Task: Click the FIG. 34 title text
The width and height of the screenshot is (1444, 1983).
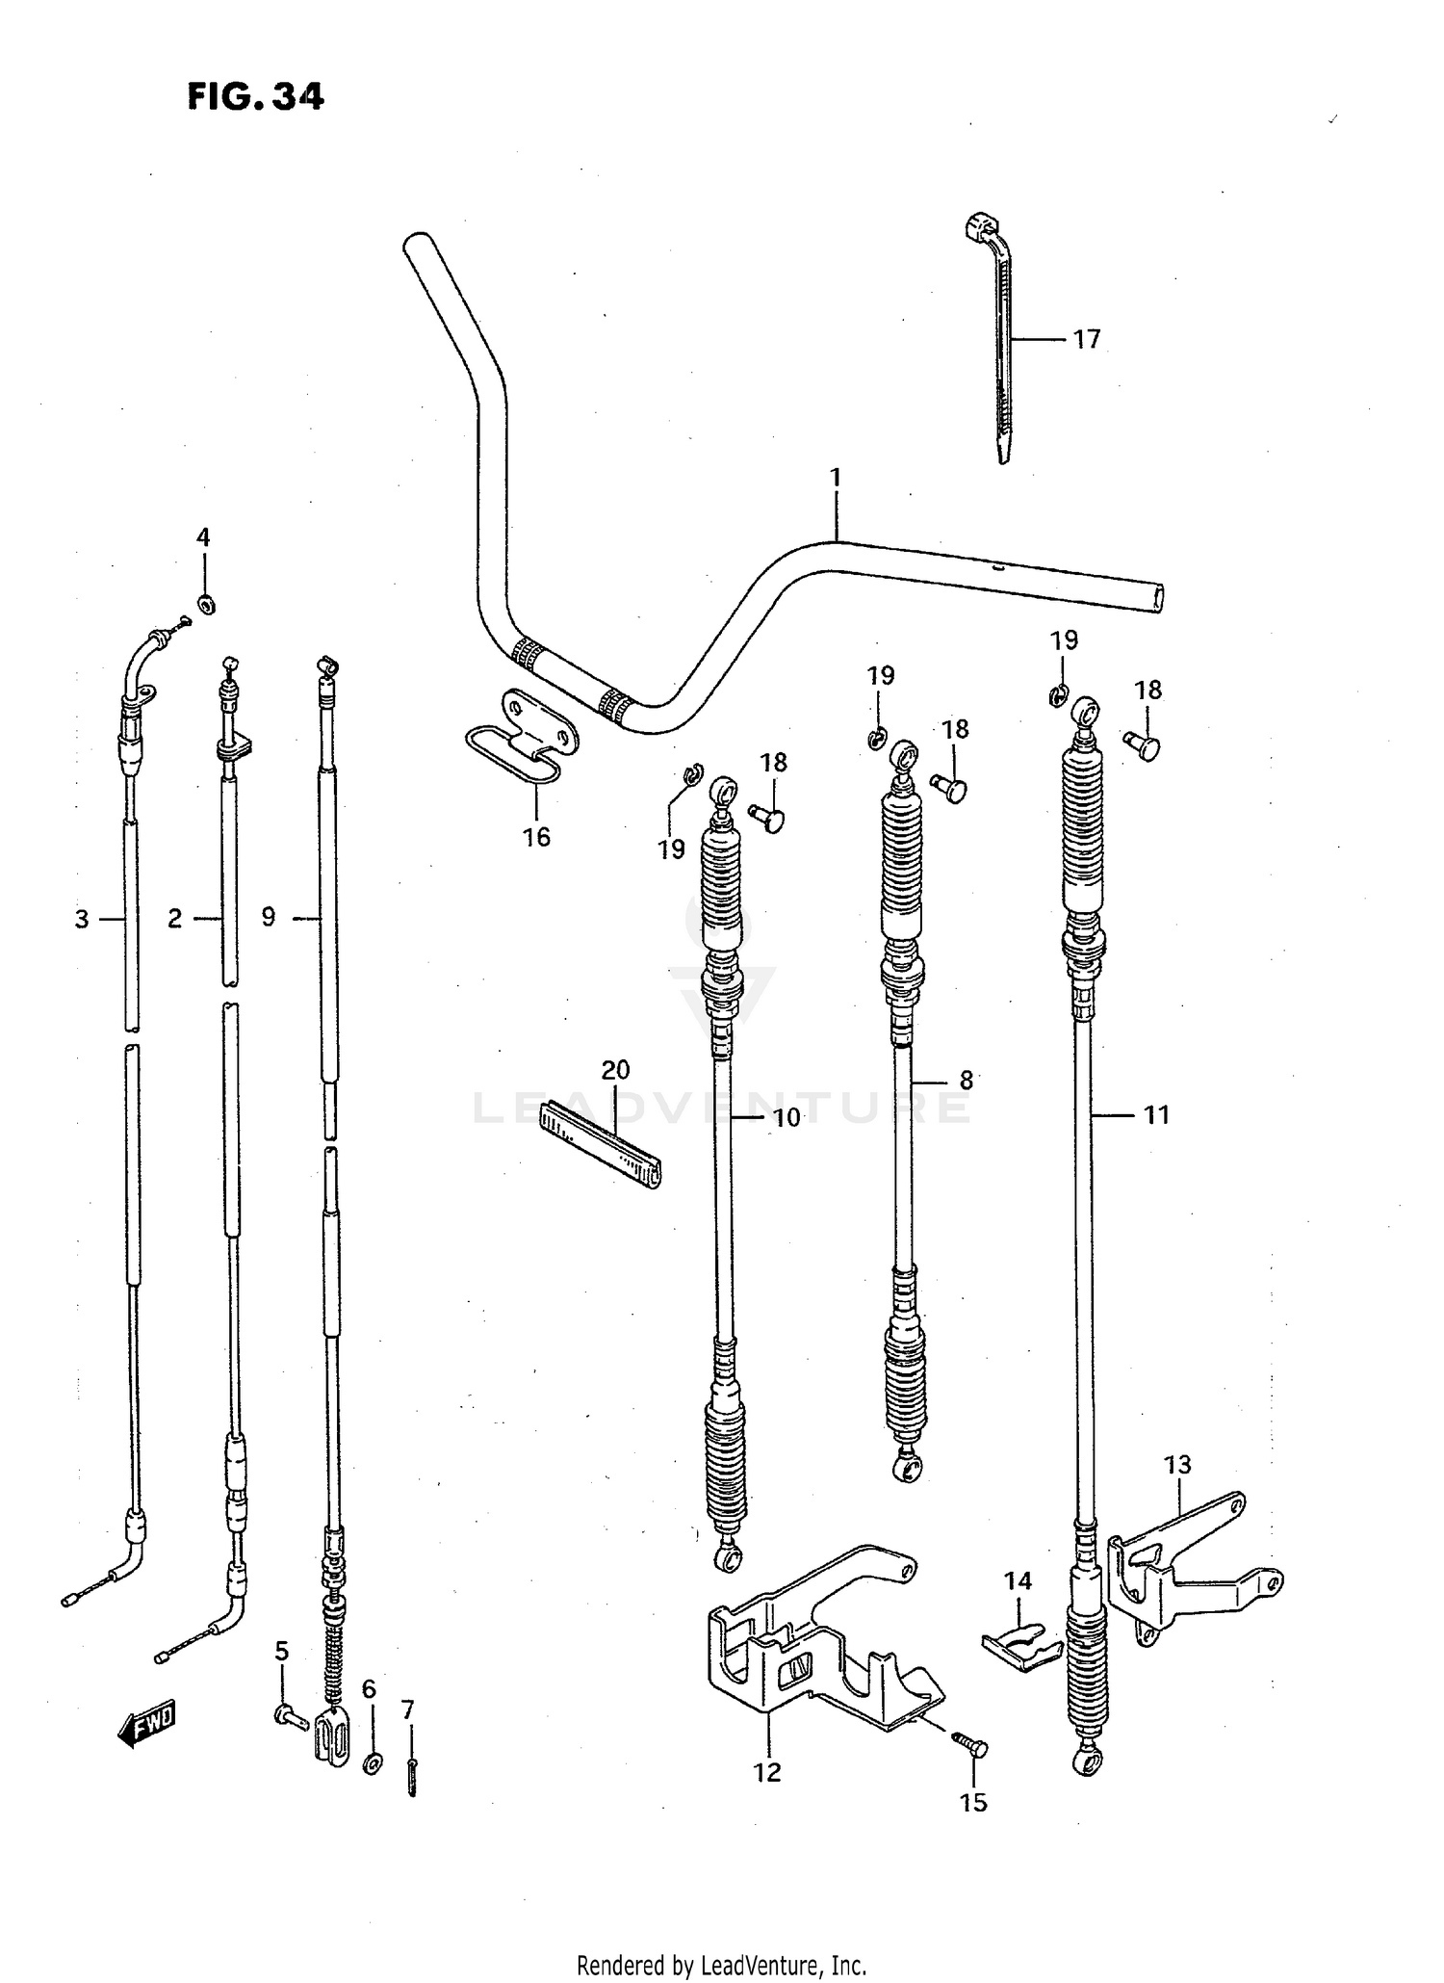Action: pos(255,96)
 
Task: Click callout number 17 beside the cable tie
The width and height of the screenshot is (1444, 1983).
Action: pos(1086,339)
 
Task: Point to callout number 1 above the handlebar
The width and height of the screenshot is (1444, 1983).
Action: pos(836,478)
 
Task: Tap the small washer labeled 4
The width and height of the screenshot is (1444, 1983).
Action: pos(205,605)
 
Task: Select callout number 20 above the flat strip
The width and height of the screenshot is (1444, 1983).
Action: pos(615,1070)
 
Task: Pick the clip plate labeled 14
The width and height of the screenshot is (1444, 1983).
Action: pos(1020,1647)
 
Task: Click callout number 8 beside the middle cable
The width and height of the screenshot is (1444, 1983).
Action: pos(966,1081)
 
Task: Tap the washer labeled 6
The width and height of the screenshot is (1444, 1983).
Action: pos(372,1764)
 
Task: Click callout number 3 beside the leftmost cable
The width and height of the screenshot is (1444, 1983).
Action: pos(82,920)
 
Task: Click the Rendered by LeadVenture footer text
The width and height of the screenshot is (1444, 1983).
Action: pos(722,1965)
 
